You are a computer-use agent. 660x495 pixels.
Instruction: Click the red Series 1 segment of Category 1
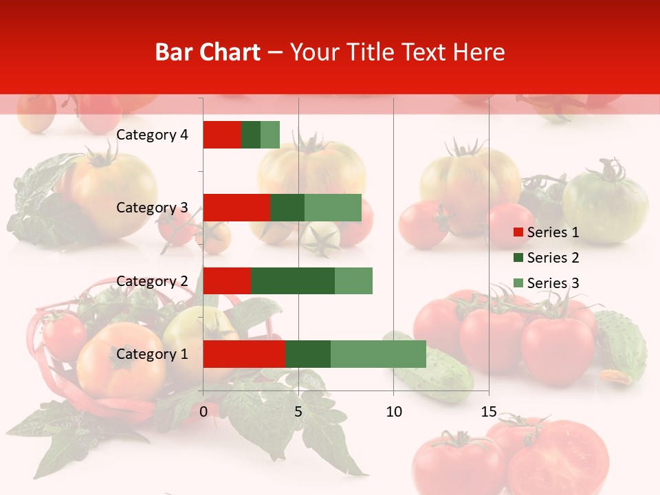click(244, 354)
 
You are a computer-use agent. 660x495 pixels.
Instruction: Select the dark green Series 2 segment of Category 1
click(308, 354)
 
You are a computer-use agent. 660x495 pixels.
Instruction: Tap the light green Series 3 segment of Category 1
click(378, 354)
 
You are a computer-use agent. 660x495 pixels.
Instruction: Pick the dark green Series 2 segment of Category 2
click(293, 280)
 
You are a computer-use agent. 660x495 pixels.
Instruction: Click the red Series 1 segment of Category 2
click(227, 280)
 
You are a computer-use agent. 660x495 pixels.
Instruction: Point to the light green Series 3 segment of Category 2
click(353, 280)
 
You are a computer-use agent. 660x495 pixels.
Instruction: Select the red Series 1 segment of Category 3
click(236, 208)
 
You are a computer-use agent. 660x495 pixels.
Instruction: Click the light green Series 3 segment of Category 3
click(333, 208)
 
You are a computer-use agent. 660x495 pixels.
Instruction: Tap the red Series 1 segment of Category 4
click(222, 135)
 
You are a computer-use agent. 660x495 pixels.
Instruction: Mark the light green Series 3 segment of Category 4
click(270, 135)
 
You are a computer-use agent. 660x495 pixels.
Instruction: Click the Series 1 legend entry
click(546, 232)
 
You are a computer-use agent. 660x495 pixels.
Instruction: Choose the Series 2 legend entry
click(546, 258)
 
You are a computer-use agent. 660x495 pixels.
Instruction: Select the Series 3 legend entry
click(546, 283)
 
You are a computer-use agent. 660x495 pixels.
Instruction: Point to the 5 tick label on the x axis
click(298, 412)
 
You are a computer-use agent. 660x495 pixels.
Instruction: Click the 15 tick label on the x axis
click(488, 412)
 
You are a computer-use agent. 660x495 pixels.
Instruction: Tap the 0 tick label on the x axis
click(203, 412)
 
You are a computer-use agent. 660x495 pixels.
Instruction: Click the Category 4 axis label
click(152, 135)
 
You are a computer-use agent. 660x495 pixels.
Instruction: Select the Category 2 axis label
click(152, 280)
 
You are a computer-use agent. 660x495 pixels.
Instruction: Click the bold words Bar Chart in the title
click(208, 52)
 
